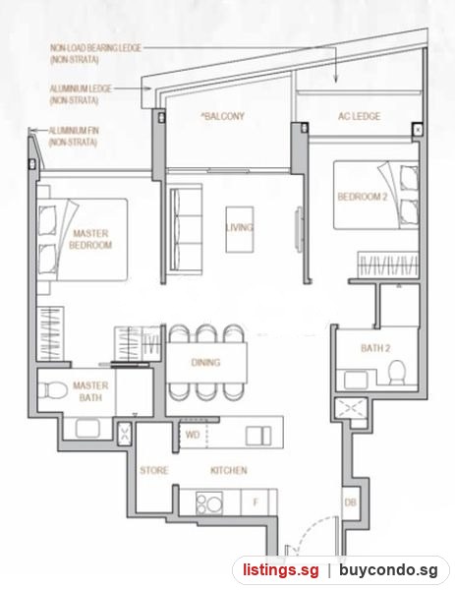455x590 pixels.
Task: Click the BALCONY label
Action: [x=223, y=116]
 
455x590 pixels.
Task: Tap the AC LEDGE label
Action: [x=359, y=116]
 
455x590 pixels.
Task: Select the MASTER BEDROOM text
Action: [x=90, y=239]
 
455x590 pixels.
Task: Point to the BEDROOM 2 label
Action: [x=362, y=197]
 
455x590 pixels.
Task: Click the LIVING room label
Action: [x=240, y=227]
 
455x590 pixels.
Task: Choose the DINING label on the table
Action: [x=205, y=362]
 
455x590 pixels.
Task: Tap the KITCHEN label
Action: [x=229, y=470]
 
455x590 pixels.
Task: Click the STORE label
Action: [x=154, y=470]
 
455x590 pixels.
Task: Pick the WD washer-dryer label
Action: [x=193, y=435]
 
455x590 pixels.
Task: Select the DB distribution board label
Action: [x=350, y=501]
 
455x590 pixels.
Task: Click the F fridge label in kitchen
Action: [x=256, y=501]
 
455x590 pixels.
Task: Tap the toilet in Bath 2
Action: [x=396, y=372]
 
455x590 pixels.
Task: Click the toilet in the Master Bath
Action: [x=52, y=389]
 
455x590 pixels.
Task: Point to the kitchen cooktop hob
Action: [x=209, y=503]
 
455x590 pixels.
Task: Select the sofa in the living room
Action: [x=186, y=227]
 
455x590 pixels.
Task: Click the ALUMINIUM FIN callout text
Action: [x=74, y=137]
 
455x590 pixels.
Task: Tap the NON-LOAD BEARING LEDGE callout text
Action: [x=95, y=53]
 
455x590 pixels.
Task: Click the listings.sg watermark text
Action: [x=280, y=570]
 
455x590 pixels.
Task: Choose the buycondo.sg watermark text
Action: [x=388, y=570]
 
